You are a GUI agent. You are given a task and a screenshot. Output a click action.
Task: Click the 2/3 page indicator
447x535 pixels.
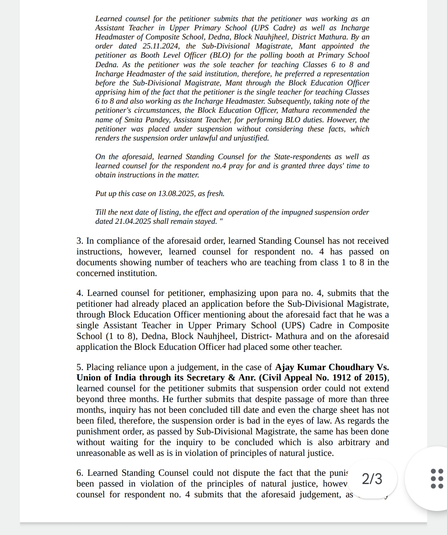(x=372, y=479)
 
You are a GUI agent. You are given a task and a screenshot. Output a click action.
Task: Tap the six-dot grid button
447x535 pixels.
(x=437, y=479)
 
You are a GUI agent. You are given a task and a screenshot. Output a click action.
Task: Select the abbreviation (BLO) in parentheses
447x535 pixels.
(x=222, y=55)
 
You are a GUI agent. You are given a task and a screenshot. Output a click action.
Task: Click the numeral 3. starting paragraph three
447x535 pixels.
(x=80, y=241)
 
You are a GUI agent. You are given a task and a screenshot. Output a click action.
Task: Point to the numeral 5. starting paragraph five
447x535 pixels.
(x=80, y=367)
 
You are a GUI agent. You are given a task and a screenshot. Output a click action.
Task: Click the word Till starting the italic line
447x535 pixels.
(x=101, y=212)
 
